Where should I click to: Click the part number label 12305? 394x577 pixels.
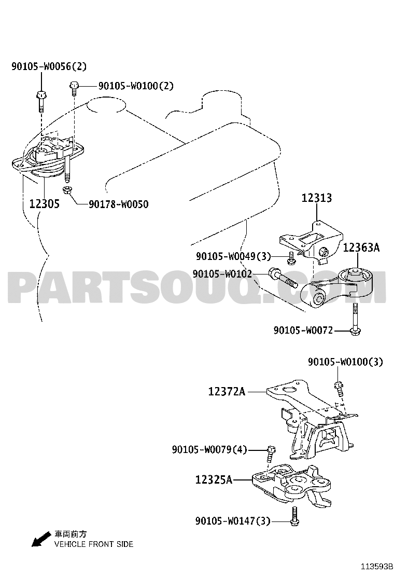[44, 203]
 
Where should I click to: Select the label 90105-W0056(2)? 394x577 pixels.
[49, 66]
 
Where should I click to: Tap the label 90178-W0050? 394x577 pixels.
[118, 204]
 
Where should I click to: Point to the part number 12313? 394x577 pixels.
[316, 198]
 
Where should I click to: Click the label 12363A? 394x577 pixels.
[361, 248]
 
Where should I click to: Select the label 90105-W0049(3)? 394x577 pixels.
[233, 256]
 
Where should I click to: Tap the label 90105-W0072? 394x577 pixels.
[303, 330]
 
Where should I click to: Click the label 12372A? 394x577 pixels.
[227, 391]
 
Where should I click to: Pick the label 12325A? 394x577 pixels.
[214, 479]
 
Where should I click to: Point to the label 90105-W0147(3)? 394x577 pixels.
[233, 520]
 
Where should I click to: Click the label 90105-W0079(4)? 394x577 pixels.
[209, 449]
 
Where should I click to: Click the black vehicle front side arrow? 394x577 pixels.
[41, 539]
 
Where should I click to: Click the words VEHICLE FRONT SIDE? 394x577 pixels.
[94, 544]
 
